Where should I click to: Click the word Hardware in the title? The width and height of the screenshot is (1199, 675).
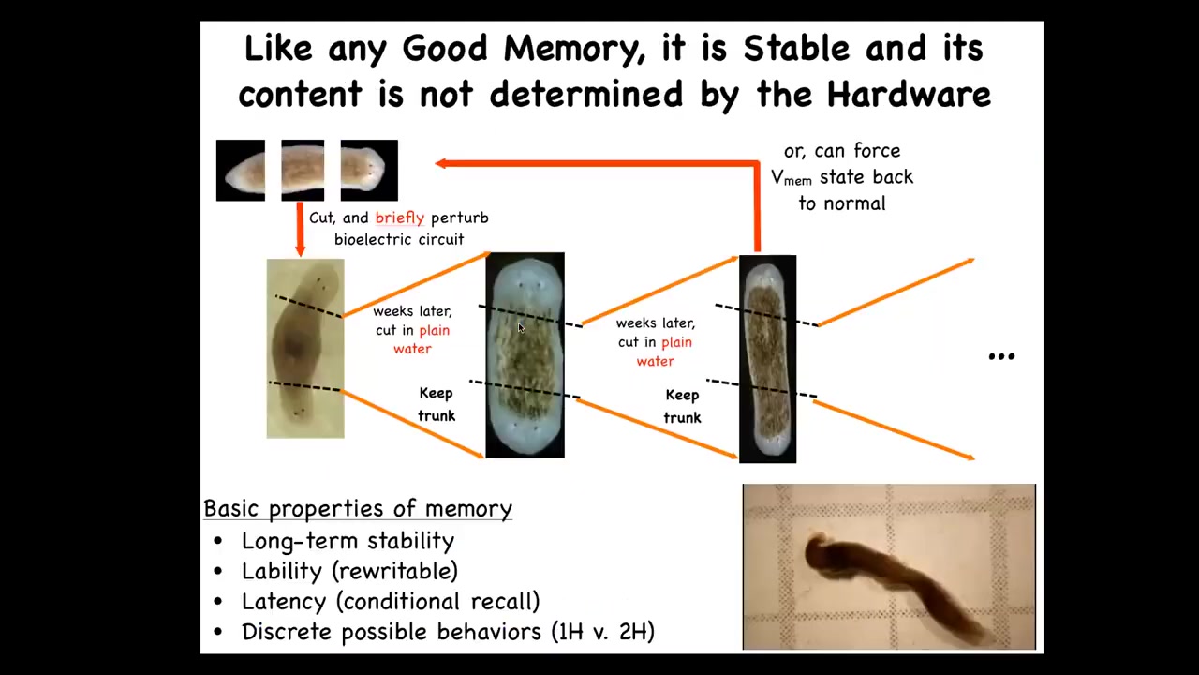click(909, 95)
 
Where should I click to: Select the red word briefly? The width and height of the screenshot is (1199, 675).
click(399, 218)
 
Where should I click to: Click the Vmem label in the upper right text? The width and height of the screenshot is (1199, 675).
click(792, 177)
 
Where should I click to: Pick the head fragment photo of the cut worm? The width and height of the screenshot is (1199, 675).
click(369, 171)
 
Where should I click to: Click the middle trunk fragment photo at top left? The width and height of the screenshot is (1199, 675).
click(303, 171)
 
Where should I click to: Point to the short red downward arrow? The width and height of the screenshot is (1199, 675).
click(300, 230)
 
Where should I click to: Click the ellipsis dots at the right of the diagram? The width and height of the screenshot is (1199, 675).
click(1001, 357)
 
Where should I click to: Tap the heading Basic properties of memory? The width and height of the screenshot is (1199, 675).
click(358, 508)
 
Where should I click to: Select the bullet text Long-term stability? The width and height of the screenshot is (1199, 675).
click(348, 541)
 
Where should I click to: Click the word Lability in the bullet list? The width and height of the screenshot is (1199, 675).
click(282, 571)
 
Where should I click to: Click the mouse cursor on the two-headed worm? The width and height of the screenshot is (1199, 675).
click(521, 328)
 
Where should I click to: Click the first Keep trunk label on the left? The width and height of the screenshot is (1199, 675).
click(437, 404)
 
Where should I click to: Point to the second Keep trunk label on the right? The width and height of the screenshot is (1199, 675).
click(682, 407)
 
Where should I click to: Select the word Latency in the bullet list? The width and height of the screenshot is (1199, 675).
click(284, 602)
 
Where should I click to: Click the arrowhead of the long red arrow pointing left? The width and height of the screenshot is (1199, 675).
click(440, 163)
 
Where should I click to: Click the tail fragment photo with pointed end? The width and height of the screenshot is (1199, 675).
click(241, 171)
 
